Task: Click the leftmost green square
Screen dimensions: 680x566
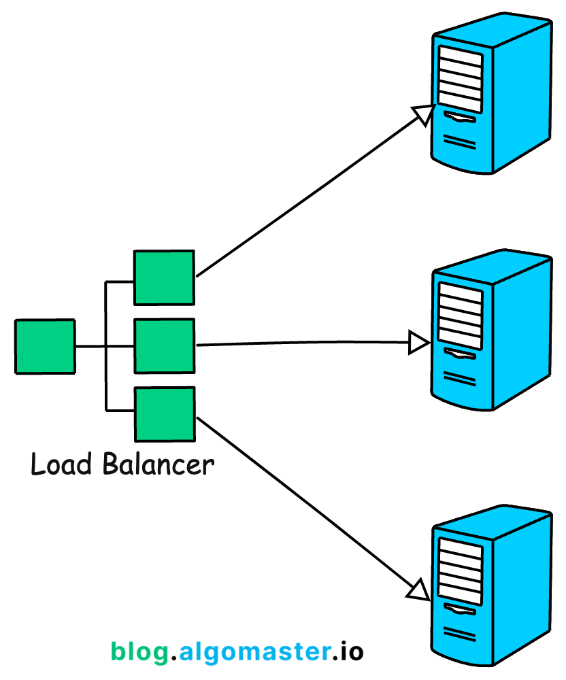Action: [x=45, y=347]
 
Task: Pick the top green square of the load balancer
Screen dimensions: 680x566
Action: [x=164, y=277]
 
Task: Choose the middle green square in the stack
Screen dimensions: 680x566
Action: [x=164, y=345]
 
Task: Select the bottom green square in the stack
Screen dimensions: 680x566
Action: [x=164, y=413]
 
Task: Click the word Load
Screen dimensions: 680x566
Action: [x=61, y=465]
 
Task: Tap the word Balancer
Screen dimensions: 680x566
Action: [x=158, y=465]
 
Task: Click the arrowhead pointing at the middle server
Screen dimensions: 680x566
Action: [x=418, y=343]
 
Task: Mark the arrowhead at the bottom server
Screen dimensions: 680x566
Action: [x=418, y=589]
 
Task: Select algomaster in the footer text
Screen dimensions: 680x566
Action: [x=254, y=651]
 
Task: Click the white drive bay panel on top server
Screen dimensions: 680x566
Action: [x=460, y=79]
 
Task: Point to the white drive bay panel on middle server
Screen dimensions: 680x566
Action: [x=460, y=314]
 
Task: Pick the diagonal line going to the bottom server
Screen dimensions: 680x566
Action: [x=306, y=503]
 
